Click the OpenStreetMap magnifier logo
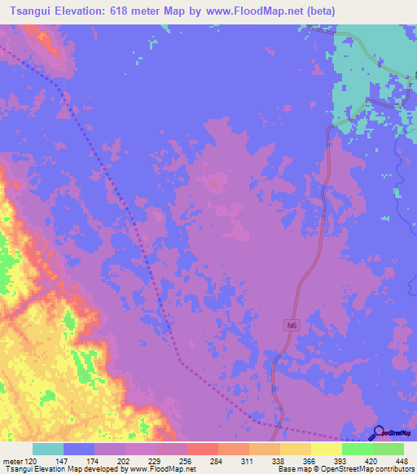tap(380, 432)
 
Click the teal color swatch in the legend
tap(48, 449)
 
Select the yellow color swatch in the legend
tap(326, 449)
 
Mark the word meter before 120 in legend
tap(13, 460)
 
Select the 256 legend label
tap(187, 460)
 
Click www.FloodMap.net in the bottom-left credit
tap(162, 469)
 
